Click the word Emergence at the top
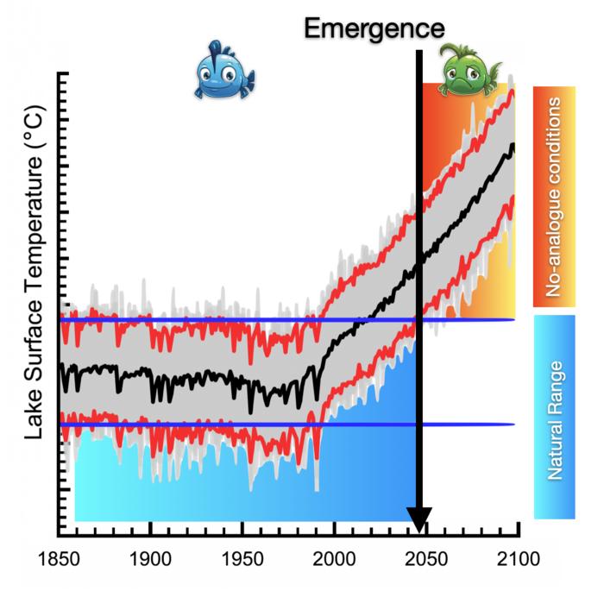point(374,28)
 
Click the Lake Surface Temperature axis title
point(35,285)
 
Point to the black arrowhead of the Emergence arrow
point(419,522)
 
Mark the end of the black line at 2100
point(514,145)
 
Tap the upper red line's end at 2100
point(514,90)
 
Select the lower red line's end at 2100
point(514,196)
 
